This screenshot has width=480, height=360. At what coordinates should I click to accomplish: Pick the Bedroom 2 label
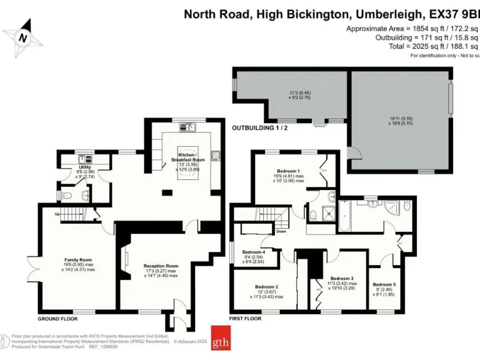(267, 287)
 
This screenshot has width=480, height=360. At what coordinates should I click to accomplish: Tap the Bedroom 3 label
(342, 278)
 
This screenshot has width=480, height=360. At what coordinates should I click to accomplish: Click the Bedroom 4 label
(254, 252)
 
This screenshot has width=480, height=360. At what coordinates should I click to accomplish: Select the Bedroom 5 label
(384, 284)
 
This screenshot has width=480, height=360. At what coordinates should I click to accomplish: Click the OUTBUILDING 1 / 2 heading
(261, 127)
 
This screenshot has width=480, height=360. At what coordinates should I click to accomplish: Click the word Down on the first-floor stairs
(281, 231)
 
